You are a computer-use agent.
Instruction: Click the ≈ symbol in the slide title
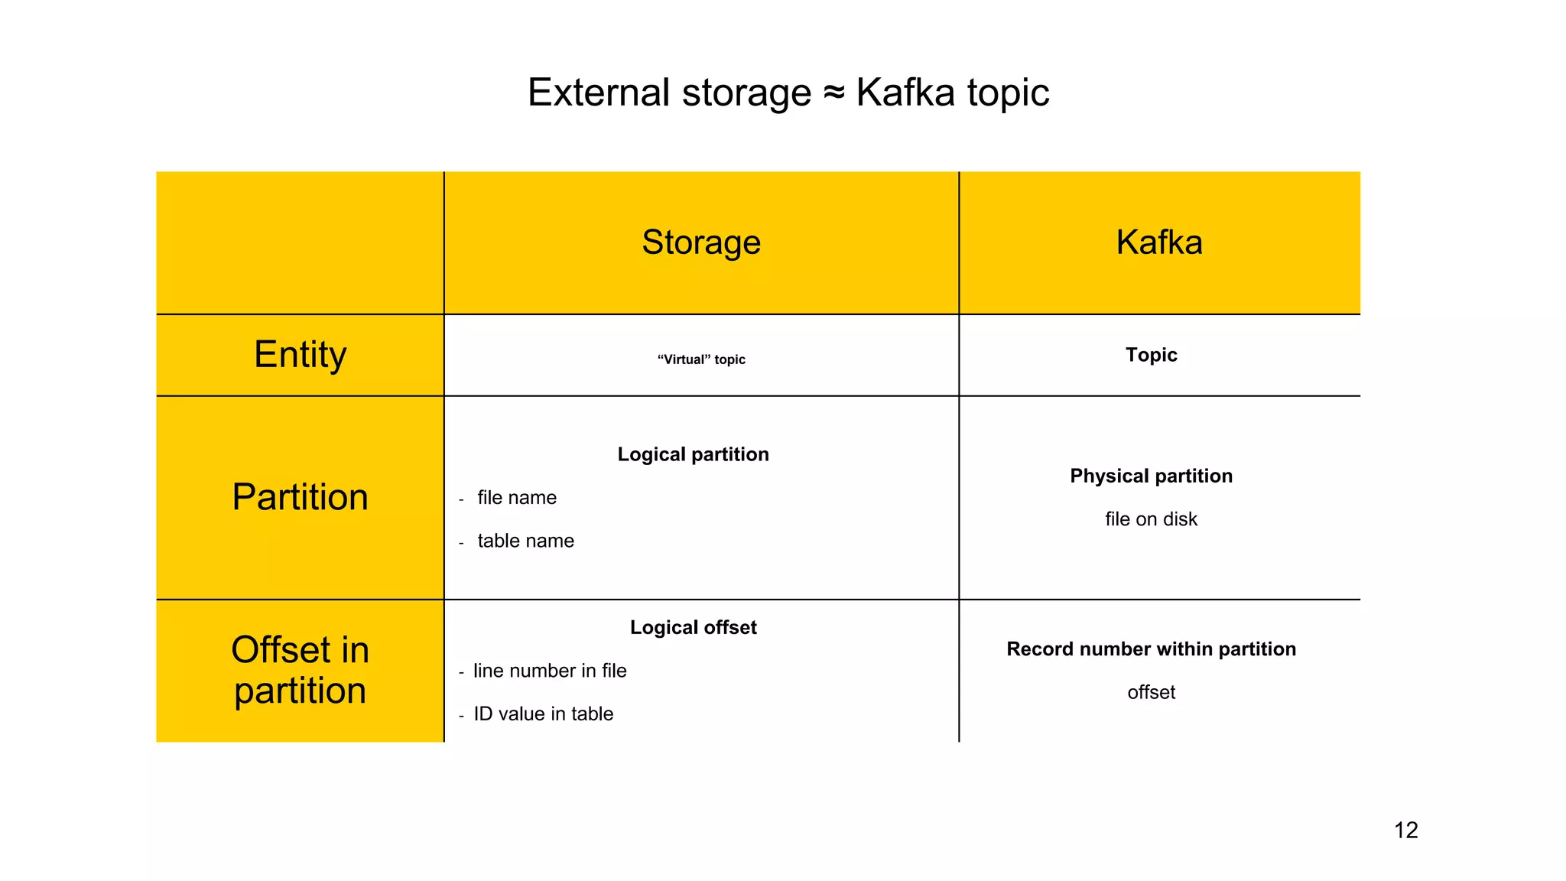click(833, 93)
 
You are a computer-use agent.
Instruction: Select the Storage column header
click(701, 242)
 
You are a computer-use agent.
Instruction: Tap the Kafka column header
click(1159, 242)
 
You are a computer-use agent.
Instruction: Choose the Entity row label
click(300, 355)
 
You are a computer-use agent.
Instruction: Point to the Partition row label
click(300, 497)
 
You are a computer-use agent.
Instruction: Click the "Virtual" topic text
click(701, 359)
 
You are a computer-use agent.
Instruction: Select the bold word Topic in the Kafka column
click(1151, 355)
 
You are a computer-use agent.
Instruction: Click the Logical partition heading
click(693, 454)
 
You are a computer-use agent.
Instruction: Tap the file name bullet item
click(517, 498)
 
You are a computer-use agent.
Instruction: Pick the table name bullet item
click(525, 541)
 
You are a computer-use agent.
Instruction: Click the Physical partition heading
click(1151, 476)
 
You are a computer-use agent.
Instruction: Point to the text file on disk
click(1151, 519)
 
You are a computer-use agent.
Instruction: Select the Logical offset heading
click(693, 627)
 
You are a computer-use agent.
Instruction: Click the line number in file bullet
click(550, 671)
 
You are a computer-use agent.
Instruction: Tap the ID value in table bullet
click(543, 714)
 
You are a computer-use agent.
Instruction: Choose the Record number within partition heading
click(1151, 649)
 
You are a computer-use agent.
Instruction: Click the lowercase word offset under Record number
click(1151, 692)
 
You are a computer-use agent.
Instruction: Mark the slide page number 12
click(1405, 830)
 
